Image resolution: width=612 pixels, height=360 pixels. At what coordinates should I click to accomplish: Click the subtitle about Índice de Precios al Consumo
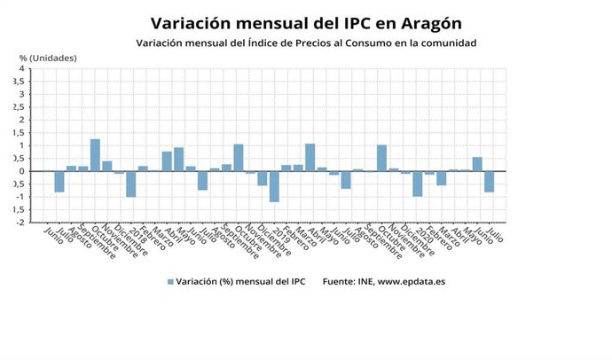[306, 43]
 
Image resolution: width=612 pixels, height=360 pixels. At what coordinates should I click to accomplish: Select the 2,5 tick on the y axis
[19, 107]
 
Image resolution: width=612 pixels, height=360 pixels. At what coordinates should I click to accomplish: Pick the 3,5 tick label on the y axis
[19, 82]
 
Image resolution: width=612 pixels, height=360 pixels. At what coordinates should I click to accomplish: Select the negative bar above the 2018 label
[130, 184]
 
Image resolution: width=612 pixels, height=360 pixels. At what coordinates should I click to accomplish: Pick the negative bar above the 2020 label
[417, 184]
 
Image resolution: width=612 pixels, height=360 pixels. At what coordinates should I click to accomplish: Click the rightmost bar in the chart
[489, 181]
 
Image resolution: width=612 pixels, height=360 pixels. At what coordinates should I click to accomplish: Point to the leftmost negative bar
[59, 181]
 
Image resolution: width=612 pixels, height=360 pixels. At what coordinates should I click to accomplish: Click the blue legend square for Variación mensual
[170, 282]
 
